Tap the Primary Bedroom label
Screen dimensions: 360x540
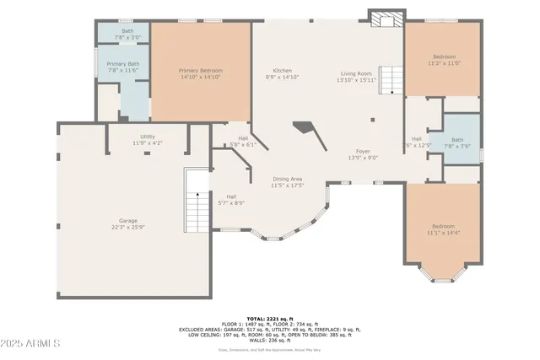tap(200, 73)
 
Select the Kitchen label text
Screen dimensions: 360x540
tap(282, 73)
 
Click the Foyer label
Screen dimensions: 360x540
tap(363, 154)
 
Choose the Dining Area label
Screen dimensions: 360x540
tap(287, 181)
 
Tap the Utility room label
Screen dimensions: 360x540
tap(147, 140)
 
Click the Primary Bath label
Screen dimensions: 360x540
tap(122, 67)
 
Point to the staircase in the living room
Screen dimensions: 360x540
tap(390, 80)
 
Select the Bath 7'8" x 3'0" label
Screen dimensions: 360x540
tap(122, 34)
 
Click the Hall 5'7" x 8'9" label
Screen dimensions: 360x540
tap(231, 200)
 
